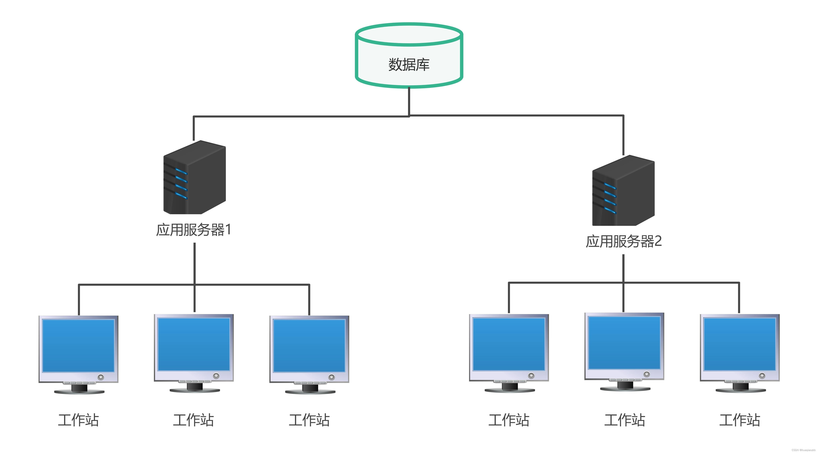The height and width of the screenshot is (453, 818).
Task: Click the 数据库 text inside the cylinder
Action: tap(409, 64)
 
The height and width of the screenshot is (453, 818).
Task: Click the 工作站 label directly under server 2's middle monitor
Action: tap(624, 420)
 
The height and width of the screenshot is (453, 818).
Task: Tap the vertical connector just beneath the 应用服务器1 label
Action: tap(194, 264)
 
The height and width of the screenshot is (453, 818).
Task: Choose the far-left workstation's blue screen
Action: tap(79, 346)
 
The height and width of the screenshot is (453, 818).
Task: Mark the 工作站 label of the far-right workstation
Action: tap(739, 420)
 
